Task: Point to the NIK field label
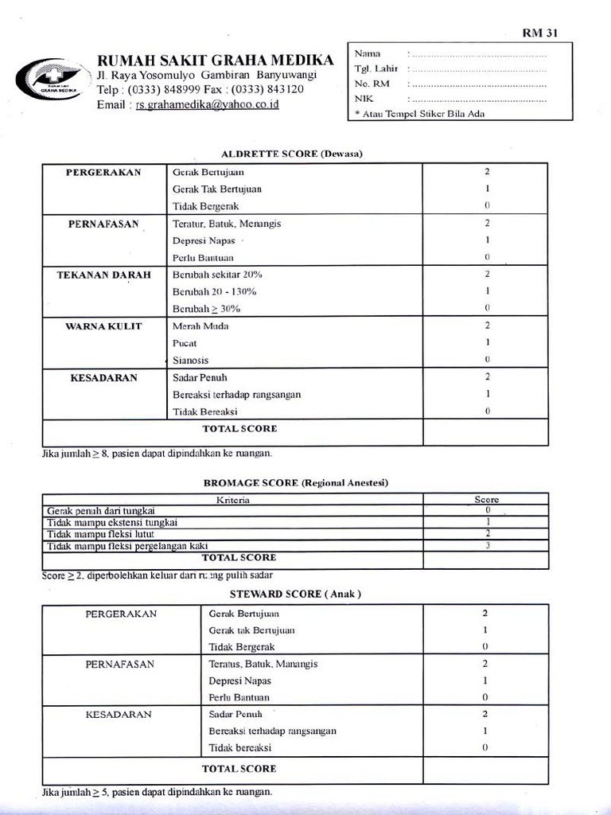coord(364,99)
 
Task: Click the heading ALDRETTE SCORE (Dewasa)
coord(291,153)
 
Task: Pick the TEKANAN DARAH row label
coord(103,275)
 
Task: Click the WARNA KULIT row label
coord(103,326)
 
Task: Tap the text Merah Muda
coord(195,326)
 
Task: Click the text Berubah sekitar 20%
coord(217,275)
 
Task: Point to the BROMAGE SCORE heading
coord(296,482)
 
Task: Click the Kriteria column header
coord(233,500)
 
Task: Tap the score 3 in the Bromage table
coord(487,545)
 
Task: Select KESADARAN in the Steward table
coord(119,715)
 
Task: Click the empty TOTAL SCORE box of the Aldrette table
coord(485,432)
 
